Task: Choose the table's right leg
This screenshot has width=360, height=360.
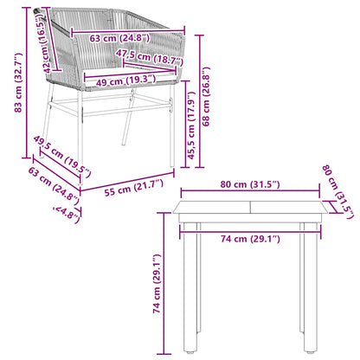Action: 306,294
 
